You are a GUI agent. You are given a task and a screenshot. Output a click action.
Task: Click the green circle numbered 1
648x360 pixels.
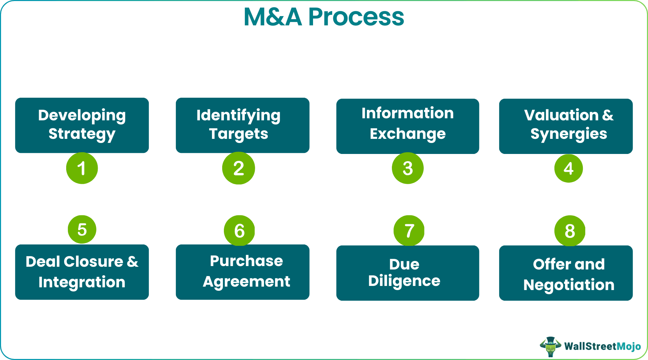[x=82, y=168]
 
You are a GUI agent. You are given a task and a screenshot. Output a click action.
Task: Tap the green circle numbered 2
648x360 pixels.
[x=239, y=168]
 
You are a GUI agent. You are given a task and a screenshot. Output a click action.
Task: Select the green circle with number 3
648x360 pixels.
[x=408, y=168]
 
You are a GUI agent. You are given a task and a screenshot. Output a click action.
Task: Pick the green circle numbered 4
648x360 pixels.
[x=568, y=168]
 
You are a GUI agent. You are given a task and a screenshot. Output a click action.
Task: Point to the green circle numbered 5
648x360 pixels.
[x=82, y=229]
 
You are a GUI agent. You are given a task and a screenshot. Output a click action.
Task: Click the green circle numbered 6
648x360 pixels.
[x=239, y=230]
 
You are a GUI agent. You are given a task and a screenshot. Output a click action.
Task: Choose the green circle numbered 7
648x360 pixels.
[x=409, y=230]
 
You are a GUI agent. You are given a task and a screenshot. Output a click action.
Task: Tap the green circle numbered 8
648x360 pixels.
[x=569, y=230]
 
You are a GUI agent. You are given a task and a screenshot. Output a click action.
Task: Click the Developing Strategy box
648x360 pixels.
[x=82, y=125]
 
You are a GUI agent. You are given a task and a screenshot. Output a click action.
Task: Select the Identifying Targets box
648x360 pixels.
[x=242, y=125]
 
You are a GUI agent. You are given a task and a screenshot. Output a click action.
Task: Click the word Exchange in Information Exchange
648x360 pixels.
[x=408, y=134]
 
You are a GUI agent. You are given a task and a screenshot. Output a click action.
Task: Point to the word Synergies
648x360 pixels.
[x=568, y=134]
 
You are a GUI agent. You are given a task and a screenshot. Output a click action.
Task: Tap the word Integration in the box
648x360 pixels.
[x=82, y=282]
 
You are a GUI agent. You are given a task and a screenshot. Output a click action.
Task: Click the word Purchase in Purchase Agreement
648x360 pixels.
[x=246, y=261]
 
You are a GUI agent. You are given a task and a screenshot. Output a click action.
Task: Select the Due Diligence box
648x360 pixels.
[x=407, y=273]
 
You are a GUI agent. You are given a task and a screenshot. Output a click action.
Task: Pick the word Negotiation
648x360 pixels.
[x=569, y=285]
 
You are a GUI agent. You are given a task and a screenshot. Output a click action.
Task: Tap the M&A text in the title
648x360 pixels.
[x=273, y=17]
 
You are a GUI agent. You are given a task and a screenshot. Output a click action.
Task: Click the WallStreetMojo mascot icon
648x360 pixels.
[x=550, y=346]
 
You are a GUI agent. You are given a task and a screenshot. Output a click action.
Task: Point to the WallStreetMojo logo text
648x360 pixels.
[x=602, y=346]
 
